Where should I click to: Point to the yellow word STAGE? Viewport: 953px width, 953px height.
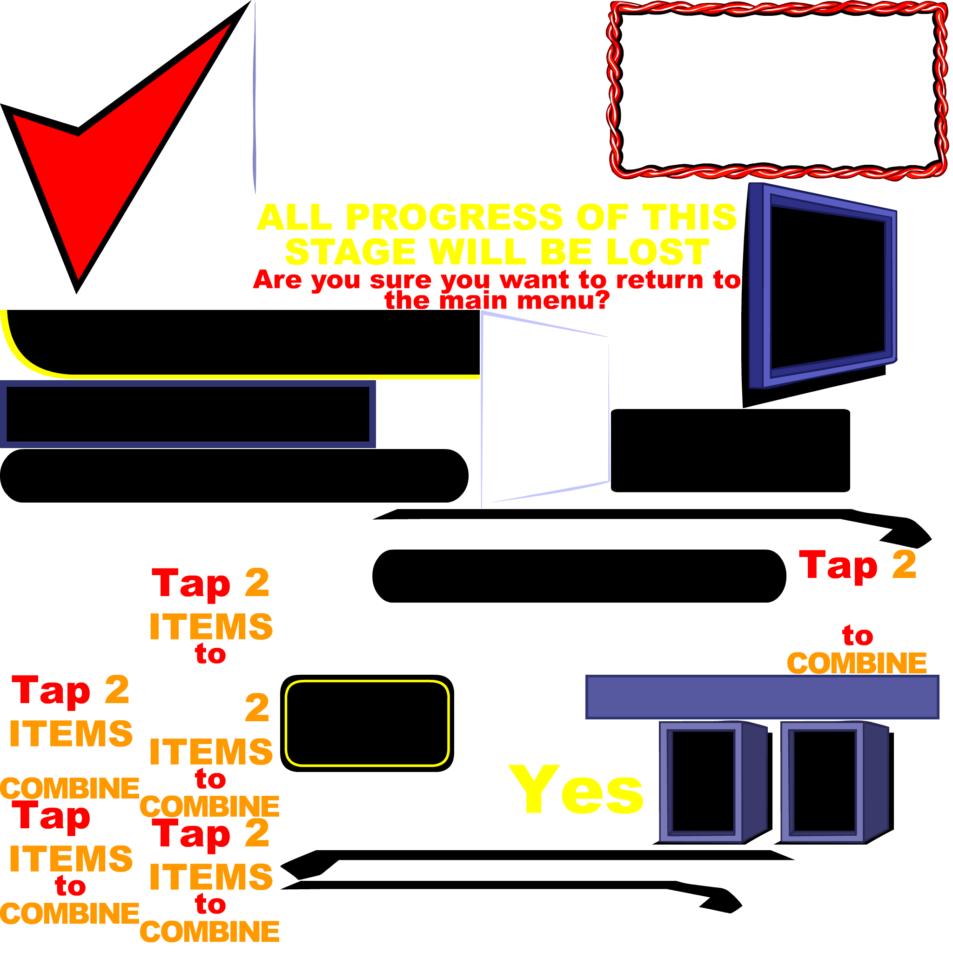(x=350, y=252)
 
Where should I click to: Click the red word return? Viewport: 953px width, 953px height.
(x=659, y=280)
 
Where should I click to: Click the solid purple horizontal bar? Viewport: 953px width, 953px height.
(x=762, y=697)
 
